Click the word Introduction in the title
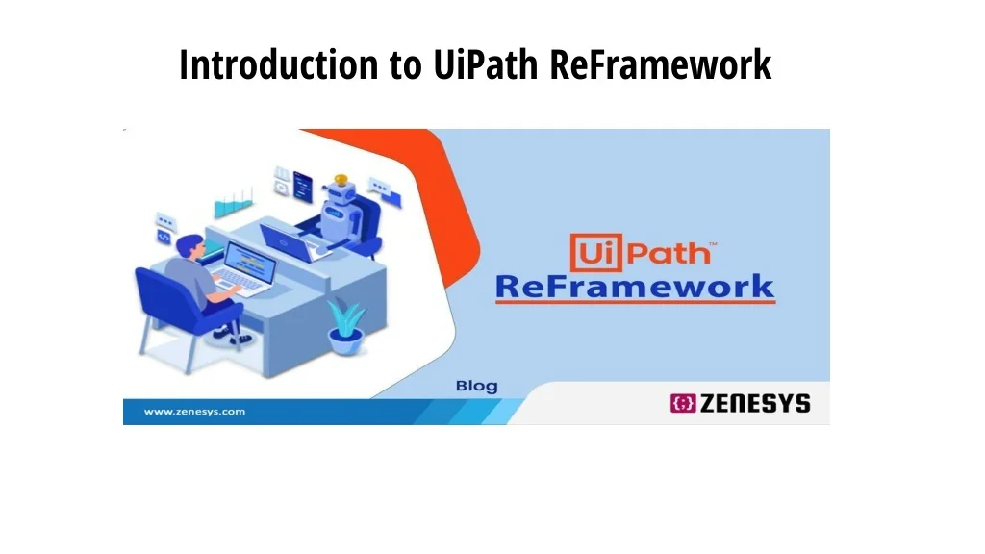[x=279, y=64]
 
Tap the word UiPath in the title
[x=486, y=64]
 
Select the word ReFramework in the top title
[x=660, y=64]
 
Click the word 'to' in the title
[x=406, y=65]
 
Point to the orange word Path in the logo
[x=669, y=253]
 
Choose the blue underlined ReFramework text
[x=635, y=287]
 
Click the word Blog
[x=477, y=386]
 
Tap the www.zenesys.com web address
[x=194, y=412]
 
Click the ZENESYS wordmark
[x=755, y=403]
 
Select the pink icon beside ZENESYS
[x=683, y=403]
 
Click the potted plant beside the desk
[x=345, y=327]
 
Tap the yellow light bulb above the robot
[x=341, y=180]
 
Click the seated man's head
[x=190, y=245]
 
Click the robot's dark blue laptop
[x=286, y=241]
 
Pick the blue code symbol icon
[x=164, y=237]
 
